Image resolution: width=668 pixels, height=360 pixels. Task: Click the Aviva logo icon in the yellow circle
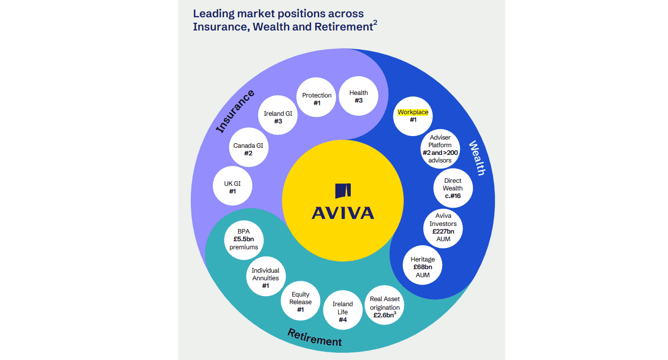pyautogui.click(x=343, y=191)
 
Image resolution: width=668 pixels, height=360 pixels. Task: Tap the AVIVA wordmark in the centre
pyautogui.click(x=343, y=212)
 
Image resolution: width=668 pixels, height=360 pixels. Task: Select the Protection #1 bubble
pyautogui.click(x=317, y=99)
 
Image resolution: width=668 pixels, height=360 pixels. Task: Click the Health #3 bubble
pyautogui.click(x=358, y=96)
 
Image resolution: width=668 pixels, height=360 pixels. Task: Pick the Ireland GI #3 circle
pyautogui.click(x=278, y=117)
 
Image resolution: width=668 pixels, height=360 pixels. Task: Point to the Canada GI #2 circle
pyautogui.click(x=248, y=149)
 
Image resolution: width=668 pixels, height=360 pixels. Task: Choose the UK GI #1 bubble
pyautogui.click(x=232, y=187)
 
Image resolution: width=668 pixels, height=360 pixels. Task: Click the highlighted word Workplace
pyautogui.click(x=413, y=112)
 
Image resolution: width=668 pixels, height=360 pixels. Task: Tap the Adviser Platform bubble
pyautogui.click(x=440, y=149)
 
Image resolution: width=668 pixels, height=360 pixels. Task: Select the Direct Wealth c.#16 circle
pyautogui.click(x=453, y=188)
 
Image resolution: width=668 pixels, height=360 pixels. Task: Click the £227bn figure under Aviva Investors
pyautogui.click(x=443, y=231)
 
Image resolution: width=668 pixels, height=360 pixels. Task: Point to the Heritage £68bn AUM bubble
pyautogui.click(x=422, y=267)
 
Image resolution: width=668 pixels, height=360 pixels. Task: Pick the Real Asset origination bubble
pyautogui.click(x=385, y=307)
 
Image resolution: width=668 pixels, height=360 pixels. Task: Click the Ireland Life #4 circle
pyautogui.click(x=343, y=312)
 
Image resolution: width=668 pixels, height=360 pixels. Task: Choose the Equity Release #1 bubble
pyautogui.click(x=300, y=302)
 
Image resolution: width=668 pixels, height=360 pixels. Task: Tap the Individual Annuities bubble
pyautogui.click(x=265, y=278)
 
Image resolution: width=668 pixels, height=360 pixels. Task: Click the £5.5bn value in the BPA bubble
pyautogui.click(x=244, y=239)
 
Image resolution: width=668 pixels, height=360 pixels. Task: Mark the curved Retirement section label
pyautogui.click(x=315, y=337)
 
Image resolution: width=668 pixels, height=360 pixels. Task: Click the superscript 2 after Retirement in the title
pyautogui.click(x=375, y=22)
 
